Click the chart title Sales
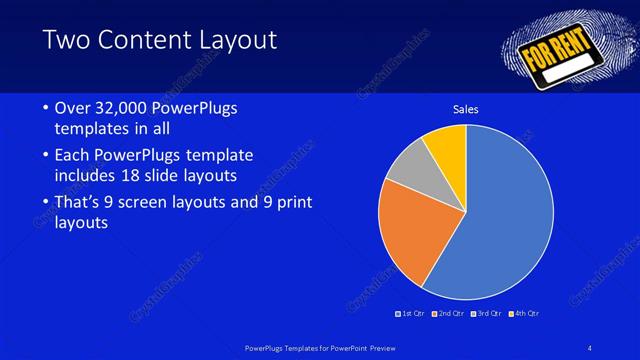pyautogui.click(x=466, y=108)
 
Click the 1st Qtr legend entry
pyautogui.click(x=411, y=314)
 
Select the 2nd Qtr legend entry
pyautogui.click(x=449, y=314)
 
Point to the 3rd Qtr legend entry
pyautogui.click(x=486, y=314)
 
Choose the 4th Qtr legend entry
pyautogui.click(x=524, y=314)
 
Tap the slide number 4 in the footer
pyautogui.click(x=590, y=348)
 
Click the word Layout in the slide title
pyautogui.click(x=240, y=40)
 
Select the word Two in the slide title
pyautogui.click(x=67, y=40)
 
